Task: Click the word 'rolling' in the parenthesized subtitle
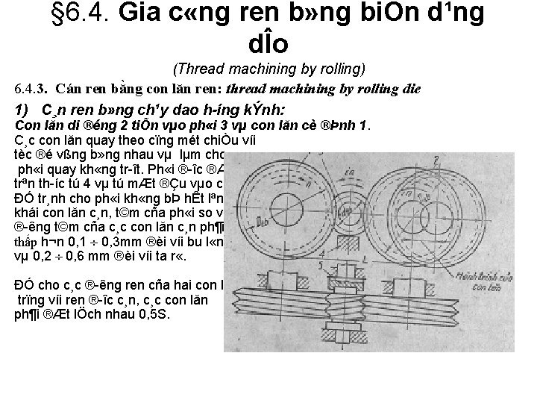tap(340, 69)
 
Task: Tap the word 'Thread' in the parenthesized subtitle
tap(198, 69)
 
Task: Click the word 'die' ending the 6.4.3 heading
tap(411, 89)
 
